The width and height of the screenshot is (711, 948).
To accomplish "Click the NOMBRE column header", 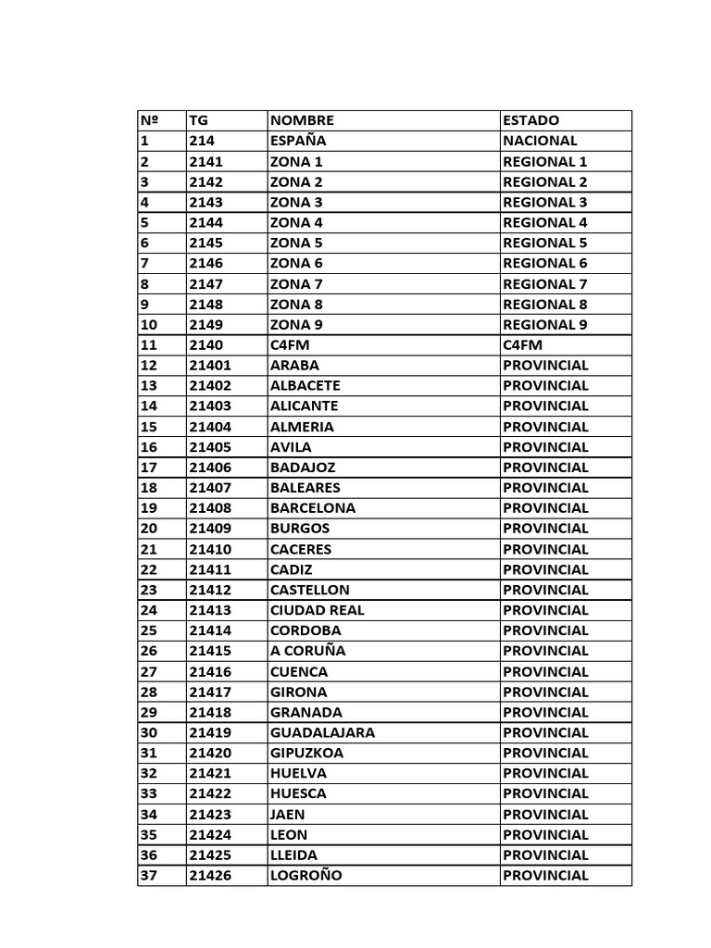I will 302,120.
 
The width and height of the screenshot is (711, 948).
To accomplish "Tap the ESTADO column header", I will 531,120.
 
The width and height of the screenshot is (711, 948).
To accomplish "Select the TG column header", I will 199,120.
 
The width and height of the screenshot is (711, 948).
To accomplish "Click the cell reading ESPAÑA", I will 298,141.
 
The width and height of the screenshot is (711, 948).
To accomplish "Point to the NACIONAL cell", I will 540,141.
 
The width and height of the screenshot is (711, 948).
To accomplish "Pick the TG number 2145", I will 206,243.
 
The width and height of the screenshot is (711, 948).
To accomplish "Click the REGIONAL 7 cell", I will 545,284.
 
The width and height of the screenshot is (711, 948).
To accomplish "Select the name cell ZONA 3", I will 296,202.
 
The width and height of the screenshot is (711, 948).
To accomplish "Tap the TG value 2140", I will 206,345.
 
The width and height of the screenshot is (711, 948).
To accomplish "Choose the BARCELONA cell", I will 313,508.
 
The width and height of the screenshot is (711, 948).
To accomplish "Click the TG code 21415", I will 210,651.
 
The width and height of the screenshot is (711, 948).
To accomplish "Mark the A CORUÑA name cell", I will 307,651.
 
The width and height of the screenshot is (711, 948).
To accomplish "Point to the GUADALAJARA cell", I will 322,732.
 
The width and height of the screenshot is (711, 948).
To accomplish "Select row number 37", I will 148,876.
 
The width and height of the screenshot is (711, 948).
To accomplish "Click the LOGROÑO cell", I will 306,876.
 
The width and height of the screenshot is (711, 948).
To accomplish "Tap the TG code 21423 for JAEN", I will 210,815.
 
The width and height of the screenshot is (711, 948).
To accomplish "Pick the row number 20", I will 148,529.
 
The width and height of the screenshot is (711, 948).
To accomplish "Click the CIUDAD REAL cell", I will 317,610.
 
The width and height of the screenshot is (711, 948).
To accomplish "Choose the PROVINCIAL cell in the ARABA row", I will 545,366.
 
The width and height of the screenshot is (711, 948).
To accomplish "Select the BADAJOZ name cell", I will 303,468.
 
